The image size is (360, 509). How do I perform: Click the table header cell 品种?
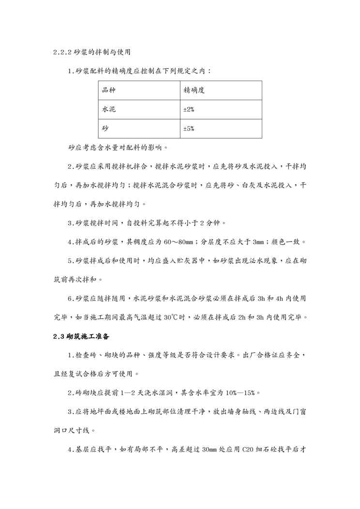[109, 90]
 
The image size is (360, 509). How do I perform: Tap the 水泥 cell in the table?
[109, 109]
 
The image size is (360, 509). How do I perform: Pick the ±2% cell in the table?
[189, 110]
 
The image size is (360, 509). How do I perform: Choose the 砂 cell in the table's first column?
[105, 129]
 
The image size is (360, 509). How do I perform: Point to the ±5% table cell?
[189, 129]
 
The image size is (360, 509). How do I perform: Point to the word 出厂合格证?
[257, 355]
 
